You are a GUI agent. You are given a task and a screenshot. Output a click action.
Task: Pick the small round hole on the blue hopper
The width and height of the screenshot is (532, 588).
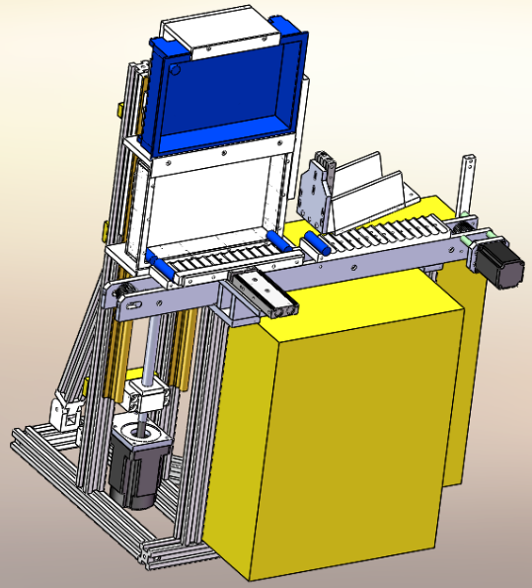click(175, 70)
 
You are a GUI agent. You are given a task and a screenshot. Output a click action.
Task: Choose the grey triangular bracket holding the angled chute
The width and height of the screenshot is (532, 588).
click(317, 193)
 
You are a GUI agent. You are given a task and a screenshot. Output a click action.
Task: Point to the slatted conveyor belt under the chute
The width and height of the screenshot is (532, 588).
click(385, 237)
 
